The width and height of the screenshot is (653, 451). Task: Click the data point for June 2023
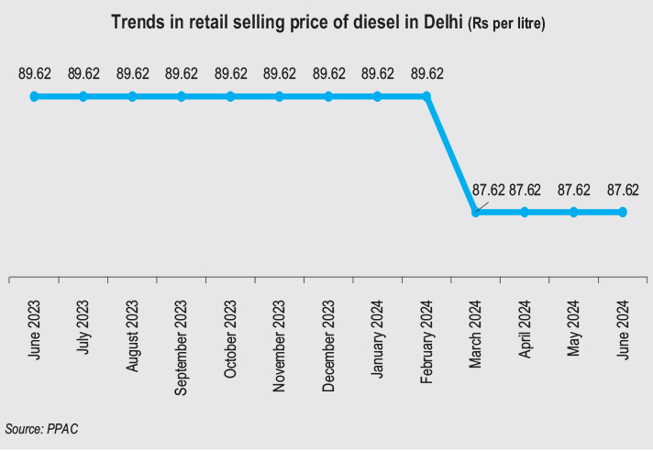click(34, 95)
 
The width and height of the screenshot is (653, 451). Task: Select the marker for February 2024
click(426, 95)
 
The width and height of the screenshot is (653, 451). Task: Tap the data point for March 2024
click(475, 212)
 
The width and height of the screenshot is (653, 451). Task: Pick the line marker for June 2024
click(623, 212)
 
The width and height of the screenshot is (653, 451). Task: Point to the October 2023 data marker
click(230, 95)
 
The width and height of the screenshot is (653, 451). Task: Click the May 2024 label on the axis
click(574, 327)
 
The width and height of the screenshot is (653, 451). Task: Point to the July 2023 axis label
click(83, 327)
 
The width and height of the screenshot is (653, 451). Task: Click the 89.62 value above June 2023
click(34, 74)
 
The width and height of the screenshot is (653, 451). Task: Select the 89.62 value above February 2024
click(426, 74)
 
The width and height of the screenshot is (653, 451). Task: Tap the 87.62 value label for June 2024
click(623, 191)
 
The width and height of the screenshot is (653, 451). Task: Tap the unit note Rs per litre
click(507, 23)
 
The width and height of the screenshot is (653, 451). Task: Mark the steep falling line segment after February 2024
click(451, 154)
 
